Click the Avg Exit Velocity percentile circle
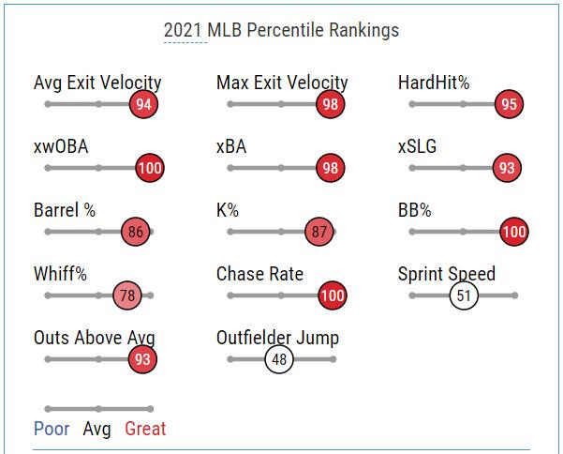pyautogui.click(x=143, y=104)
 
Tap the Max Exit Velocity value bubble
pyautogui.click(x=330, y=104)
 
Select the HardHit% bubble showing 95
pyautogui.click(x=509, y=104)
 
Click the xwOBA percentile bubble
pyautogui.click(x=149, y=168)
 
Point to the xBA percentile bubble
pyautogui.click(x=330, y=168)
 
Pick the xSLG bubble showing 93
pyautogui.click(x=507, y=168)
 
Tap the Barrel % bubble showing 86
pyautogui.click(x=136, y=232)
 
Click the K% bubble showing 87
pyautogui.click(x=319, y=232)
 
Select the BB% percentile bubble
pyautogui.click(x=513, y=232)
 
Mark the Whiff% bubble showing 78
pyautogui.click(x=127, y=295)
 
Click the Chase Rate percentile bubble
pyautogui.click(x=333, y=295)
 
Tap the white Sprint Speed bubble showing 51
pyautogui.click(x=463, y=295)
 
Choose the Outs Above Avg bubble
pyautogui.click(x=142, y=358)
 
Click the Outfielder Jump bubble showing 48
pyautogui.click(x=279, y=358)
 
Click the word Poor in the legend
pyautogui.click(x=52, y=429)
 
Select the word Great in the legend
pyautogui.click(x=145, y=429)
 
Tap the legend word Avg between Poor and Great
pyautogui.click(x=96, y=429)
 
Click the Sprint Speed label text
pyautogui.click(x=446, y=274)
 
